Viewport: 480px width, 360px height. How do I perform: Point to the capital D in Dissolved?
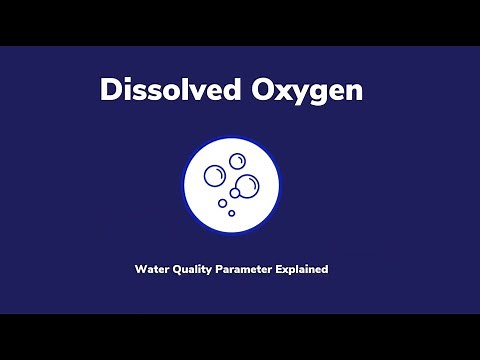pyautogui.click(x=110, y=89)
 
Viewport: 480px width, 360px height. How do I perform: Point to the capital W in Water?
pyautogui.click(x=139, y=269)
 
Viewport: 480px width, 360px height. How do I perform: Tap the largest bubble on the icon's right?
pyautogui.click(x=247, y=184)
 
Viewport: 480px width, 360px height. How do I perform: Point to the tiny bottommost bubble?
pyautogui.click(x=231, y=212)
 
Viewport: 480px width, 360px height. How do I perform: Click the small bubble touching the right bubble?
pyautogui.click(x=235, y=192)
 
